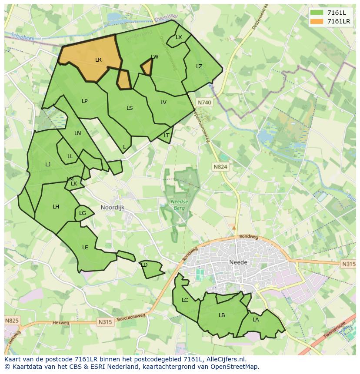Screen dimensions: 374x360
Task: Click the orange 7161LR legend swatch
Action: pyautogui.click(x=317, y=21)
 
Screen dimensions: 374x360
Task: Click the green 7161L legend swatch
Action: pyautogui.click(x=317, y=12)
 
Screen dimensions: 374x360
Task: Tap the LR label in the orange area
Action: pyautogui.click(x=98, y=60)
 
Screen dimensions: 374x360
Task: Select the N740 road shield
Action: pyautogui.click(x=204, y=103)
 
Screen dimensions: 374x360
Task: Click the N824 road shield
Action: pyautogui.click(x=220, y=166)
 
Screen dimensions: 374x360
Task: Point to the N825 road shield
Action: pyautogui.click(x=12, y=321)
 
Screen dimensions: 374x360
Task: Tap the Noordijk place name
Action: pyautogui.click(x=112, y=208)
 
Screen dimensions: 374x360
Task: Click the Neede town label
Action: pyautogui.click(x=238, y=262)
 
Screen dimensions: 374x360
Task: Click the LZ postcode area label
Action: pyautogui.click(x=199, y=66)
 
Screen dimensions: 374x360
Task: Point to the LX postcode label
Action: pyautogui.click(x=179, y=37)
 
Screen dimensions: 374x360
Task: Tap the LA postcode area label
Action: pyautogui.click(x=256, y=320)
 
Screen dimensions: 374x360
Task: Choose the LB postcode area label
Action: pyautogui.click(x=222, y=315)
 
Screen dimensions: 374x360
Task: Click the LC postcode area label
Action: pyautogui.click(x=185, y=300)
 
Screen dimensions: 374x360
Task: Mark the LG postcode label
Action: pyautogui.click(x=83, y=213)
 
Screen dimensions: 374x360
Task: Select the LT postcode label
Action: pyautogui.click(x=167, y=136)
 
